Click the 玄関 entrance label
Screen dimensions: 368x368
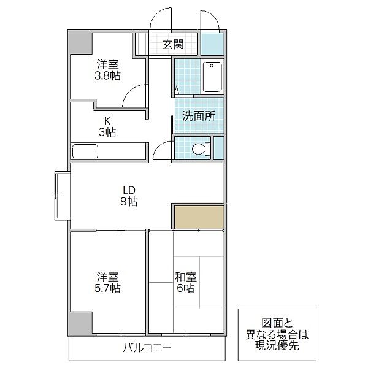point(173,44)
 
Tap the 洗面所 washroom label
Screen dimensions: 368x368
point(199,116)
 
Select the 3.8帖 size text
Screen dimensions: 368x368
point(108,76)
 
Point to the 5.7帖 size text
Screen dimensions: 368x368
point(108,288)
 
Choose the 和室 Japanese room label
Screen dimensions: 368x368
point(186,277)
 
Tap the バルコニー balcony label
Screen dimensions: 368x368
point(147,348)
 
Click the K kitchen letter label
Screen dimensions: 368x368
point(107,121)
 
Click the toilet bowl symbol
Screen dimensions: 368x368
point(201,149)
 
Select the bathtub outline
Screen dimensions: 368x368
point(212,77)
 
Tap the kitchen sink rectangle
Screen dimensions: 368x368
point(85,151)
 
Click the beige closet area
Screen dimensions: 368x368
point(199,217)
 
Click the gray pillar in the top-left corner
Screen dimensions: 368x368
point(80,42)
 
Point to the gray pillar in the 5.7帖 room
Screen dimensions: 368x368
point(80,324)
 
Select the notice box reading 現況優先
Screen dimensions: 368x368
point(277,335)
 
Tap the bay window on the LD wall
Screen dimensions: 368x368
point(62,196)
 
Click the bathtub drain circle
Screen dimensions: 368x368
point(212,66)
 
